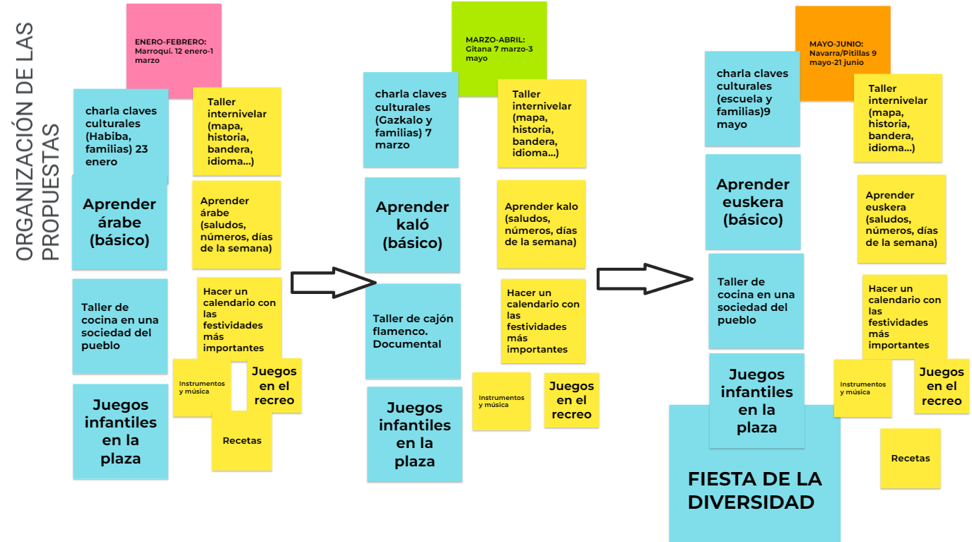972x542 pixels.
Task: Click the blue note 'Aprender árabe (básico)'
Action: click(x=119, y=222)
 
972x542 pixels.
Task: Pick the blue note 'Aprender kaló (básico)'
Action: click(x=412, y=225)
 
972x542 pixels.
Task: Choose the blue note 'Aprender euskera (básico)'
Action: click(x=753, y=201)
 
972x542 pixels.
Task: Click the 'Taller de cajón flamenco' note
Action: click(x=413, y=331)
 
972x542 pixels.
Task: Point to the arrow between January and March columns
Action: click(x=333, y=283)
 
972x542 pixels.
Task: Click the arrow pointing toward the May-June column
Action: click(x=645, y=279)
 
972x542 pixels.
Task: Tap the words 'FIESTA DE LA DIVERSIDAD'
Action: click(x=754, y=491)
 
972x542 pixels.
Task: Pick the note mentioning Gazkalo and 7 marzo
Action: click(x=411, y=119)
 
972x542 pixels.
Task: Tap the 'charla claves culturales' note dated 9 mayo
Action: click(x=752, y=99)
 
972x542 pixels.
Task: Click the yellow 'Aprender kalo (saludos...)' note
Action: click(x=541, y=225)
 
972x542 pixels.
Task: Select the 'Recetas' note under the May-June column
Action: click(x=910, y=459)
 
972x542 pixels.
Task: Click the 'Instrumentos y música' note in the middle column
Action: click(x=501, y=401)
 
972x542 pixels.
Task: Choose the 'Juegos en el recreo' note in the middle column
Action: click(x=571, y=400)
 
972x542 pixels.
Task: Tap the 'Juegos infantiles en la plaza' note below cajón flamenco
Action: click(x=414, y=435)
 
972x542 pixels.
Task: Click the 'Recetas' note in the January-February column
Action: click(x=242, y=440)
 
